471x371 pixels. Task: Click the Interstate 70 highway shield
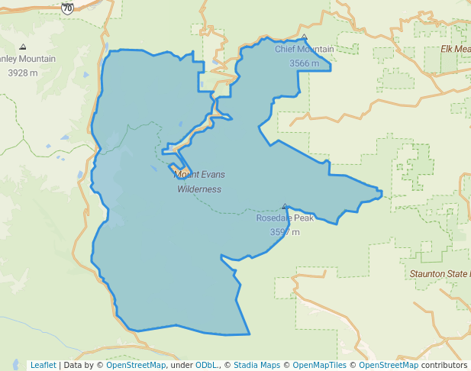pos(68,8)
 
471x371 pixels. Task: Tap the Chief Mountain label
pos(304,50)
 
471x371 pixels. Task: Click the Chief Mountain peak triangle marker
pos(304,37)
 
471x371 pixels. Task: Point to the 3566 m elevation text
pos(304,63)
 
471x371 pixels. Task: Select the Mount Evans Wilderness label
pos(199,182)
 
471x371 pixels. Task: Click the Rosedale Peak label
pos(285,218)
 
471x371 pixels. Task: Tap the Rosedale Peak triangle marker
pos(285,206)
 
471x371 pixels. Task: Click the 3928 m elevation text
pos(22,73)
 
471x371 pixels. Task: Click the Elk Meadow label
pos(456,50)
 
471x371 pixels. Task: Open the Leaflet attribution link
pos(43,365)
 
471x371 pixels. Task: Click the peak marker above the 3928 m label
pos(22,47)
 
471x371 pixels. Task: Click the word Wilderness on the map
pos(199,189)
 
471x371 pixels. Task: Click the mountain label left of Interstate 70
pos(27,60)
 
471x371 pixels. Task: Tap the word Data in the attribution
pos(74,365)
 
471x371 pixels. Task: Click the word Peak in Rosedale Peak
pos(302,218)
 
